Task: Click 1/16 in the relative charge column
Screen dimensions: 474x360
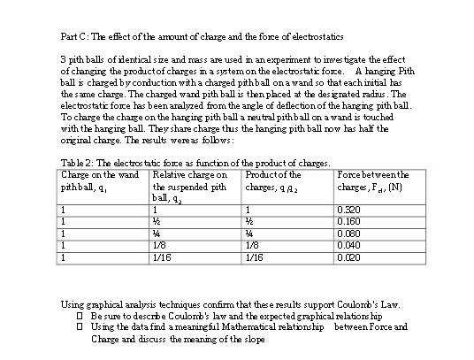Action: tap(162, 257)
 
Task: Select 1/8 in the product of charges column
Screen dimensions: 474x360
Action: tap(253, 245)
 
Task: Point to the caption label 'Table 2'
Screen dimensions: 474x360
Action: tap(73, 163)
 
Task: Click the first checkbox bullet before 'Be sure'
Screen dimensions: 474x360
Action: tap(80, 315)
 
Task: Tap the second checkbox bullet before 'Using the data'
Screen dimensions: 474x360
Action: tap(80, 326)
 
